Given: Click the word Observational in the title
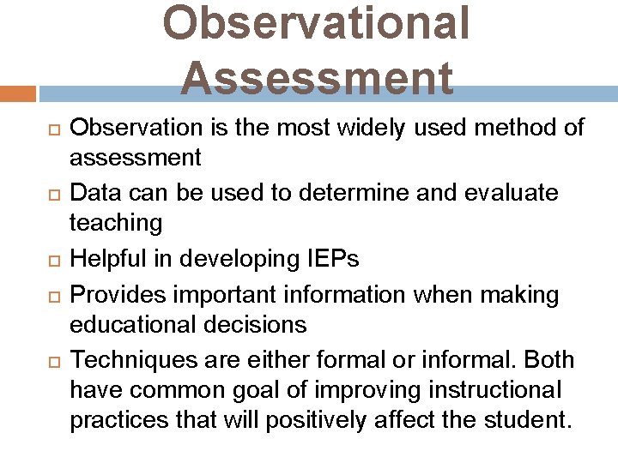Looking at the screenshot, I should click(x=316, y=23).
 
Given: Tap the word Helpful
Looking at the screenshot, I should click(x=103, y=259).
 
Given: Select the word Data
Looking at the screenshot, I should click(x=92, y=194).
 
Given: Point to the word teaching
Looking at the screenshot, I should click(x=115, y=223).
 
